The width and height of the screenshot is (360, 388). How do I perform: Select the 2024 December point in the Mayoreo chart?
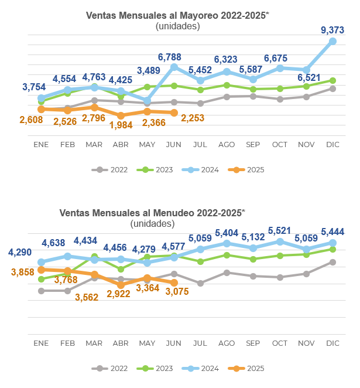(332, 41)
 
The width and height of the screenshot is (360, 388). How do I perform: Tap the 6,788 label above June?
(173, 57)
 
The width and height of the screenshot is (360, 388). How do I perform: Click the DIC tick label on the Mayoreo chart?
(332, 144)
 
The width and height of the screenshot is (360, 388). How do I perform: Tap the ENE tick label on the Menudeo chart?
(41, 342)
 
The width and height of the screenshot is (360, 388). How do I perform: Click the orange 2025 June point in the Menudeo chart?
(173, 283)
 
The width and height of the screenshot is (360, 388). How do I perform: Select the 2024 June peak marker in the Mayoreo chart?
(173, 67)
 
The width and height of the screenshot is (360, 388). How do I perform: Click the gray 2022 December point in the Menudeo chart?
(332, 262)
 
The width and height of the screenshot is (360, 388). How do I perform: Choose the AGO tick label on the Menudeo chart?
(226, 342)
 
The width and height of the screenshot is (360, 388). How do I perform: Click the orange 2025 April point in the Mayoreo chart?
(121, 116)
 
